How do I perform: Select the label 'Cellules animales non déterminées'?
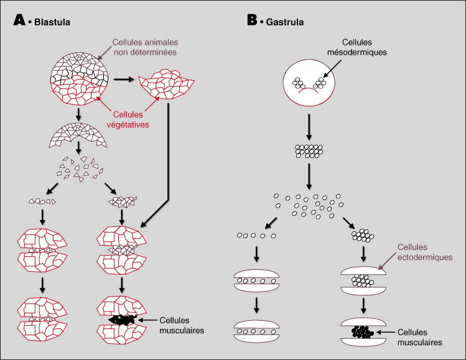144,47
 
